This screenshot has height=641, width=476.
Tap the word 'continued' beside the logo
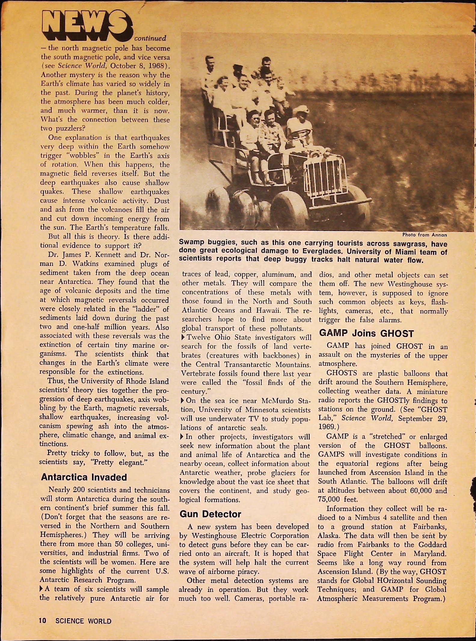click(x=150, y=38)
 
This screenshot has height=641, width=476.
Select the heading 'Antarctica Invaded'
click(x=84, y=477)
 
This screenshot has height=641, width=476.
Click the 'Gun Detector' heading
click(x=210, y=514)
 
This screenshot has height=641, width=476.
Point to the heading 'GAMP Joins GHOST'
click(x=366, y=333)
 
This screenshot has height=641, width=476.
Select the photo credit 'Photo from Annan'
click(x=425, y=235)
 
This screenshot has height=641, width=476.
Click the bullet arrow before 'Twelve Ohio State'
click(x=183, y=338)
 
